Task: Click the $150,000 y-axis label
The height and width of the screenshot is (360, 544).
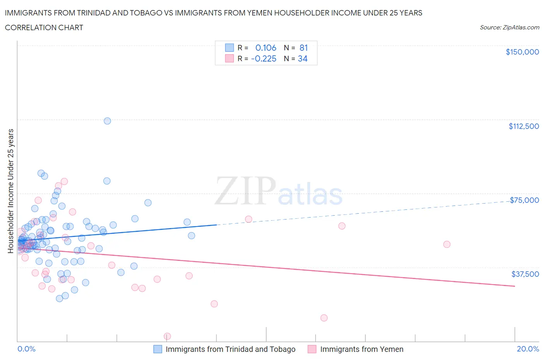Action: pyautogui.click(x=522, y=52)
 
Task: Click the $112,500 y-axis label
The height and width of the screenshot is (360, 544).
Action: pyautogui.click(x=523, y=126)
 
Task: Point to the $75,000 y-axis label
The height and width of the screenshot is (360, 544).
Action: pyautogui.click(x=524, y=200)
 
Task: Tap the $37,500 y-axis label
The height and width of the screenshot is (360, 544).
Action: pyautogui.click(x=525, y=274)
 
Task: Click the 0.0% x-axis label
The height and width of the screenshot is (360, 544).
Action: pyautogui.click(x=26, y=349)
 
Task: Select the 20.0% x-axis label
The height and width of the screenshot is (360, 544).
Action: pyautogui.click(x=528, y=349)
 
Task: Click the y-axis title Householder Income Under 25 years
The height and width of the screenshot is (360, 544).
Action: pyautogui.click(x=11, y=191)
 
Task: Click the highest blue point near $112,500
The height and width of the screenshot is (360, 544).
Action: pyautogui.click(x=107, y=121)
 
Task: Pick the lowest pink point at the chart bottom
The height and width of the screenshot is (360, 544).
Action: pyautogui.click(x=167, y=336)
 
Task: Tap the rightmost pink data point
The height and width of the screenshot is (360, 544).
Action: pyautogui.click(x=446, y=244)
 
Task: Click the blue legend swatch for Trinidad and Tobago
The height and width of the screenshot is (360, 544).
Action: pyautogui.click(x=157, y=349)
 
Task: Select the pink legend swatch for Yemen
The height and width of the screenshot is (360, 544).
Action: pyautogui.click(x=312, y=349)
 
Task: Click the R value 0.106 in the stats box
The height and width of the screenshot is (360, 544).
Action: pyautogui.click(x=266, y=48)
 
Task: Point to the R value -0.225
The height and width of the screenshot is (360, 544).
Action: pyautogui.click(x=263, y=58)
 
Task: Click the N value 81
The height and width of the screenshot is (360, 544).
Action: pyautogui.click(x=303, y=48)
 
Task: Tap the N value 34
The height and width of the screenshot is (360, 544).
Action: pyautogui.click(x=303, y=58)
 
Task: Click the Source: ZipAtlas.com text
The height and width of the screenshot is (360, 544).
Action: pyautogui.click(x=509, y=27)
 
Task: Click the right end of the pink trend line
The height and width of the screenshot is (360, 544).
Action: pyautogui.click(x=515, y=286)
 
